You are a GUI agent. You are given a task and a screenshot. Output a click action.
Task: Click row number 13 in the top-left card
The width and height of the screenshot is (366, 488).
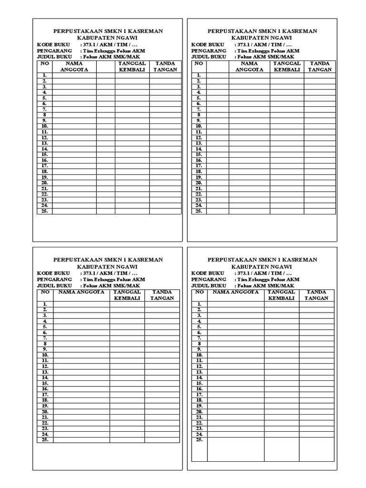pos(44,143)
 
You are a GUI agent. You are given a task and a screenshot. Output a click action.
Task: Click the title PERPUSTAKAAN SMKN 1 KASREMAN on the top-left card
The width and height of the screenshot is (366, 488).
pos(107,31)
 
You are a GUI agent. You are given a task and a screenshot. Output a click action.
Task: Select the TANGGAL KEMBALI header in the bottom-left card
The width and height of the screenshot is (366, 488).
pos(127,295)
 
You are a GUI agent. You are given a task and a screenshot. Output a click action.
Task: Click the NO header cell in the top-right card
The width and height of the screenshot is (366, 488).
pos(199,63)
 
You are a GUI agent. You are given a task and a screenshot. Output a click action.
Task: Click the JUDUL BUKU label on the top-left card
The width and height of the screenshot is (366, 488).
pos(51,56)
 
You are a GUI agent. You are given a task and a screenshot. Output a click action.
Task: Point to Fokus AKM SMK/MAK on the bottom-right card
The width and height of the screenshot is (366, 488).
pos(266,285)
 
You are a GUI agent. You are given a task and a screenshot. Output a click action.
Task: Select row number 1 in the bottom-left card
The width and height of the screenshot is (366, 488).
pos(45,304)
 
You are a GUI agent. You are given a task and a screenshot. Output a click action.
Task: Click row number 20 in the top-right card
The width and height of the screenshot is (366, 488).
pos(199,183)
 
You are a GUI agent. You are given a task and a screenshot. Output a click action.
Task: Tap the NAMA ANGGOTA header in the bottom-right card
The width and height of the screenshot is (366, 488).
pos(235,292)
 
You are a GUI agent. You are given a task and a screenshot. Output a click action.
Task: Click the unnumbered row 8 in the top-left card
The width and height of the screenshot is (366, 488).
pos(44,115)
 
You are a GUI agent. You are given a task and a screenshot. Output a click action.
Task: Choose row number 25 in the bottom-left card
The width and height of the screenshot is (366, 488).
pos(45,440)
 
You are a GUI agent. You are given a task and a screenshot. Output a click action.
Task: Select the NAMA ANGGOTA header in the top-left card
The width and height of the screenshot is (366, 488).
pos(74,66)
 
